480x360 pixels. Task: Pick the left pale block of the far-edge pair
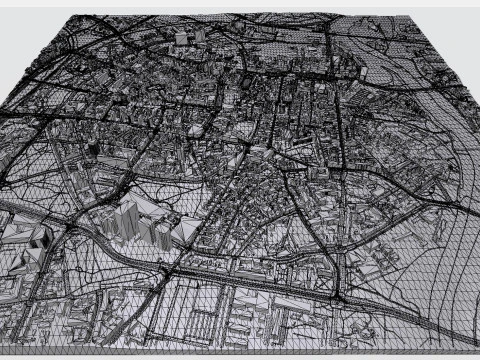click(181, 38)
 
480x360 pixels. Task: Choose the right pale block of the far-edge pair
click(198, 35)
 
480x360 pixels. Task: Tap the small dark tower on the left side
click(93, 148)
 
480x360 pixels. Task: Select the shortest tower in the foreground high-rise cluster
click(162, 232)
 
